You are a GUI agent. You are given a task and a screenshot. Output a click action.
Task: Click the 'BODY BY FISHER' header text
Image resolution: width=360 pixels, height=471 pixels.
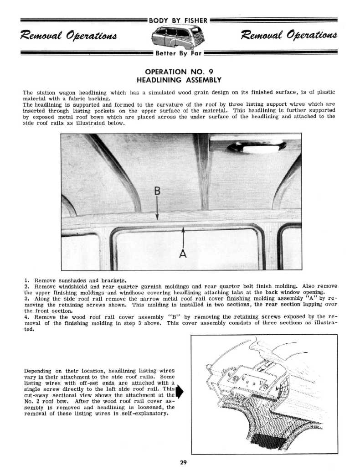click(x=179, y=20)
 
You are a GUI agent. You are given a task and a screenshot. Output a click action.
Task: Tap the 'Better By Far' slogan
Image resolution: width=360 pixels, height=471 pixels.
click(x=179, y=53)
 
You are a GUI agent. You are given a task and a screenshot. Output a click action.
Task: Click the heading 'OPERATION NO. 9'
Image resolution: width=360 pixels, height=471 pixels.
click(x=179, y=72)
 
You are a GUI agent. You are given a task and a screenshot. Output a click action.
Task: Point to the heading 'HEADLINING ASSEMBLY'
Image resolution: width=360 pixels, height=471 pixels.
click(x=179, y=80)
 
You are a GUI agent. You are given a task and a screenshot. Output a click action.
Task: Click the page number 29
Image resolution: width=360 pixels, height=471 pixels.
click(x=183, y=463)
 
